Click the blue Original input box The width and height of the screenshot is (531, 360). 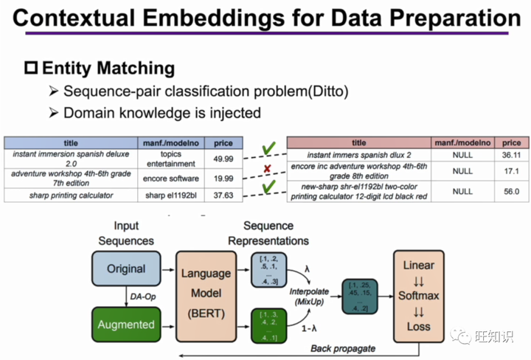point(127,269)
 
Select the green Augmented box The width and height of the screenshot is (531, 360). point(127,324)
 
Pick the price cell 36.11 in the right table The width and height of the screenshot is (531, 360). point(510,156)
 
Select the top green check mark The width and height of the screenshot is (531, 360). point(269,149)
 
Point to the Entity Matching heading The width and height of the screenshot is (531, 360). point(108,69)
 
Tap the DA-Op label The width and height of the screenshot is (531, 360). point(141,297)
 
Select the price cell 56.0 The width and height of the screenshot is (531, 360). point(510,190)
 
